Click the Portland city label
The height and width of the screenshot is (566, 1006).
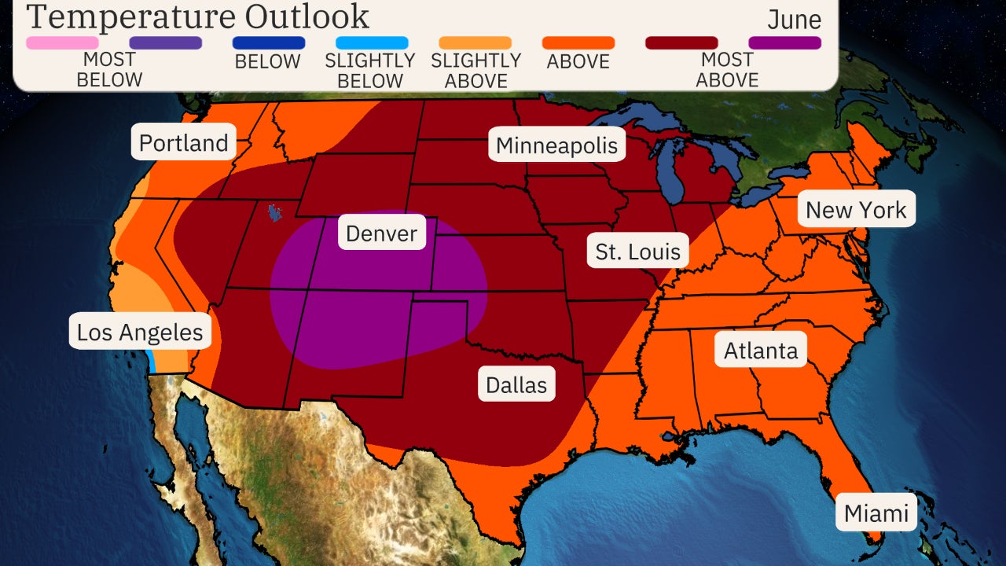183,142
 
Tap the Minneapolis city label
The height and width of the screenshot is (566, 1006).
557,145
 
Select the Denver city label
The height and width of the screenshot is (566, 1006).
382,233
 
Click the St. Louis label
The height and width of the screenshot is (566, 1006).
637,252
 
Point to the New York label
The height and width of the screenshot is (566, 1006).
856,209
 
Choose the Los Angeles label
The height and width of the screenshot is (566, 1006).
140,332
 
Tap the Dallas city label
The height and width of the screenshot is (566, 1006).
516,384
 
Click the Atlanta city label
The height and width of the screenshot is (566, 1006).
760,351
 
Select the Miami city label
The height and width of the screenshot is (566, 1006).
876,513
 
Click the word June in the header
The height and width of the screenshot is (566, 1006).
794,20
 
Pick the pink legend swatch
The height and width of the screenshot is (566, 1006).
62,42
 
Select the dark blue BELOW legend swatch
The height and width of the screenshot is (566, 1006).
269,42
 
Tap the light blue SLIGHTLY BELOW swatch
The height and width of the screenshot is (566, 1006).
372,42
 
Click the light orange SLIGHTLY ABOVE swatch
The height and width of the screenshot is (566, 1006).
475,42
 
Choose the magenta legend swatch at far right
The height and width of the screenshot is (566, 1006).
784,42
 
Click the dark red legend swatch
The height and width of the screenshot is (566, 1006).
681,42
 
